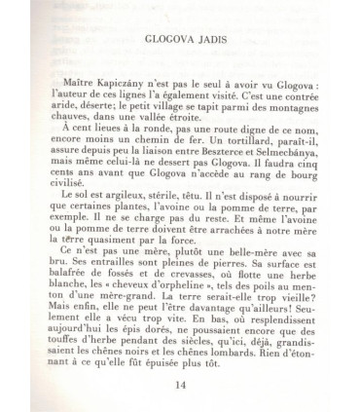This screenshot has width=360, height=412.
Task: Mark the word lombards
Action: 240,357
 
